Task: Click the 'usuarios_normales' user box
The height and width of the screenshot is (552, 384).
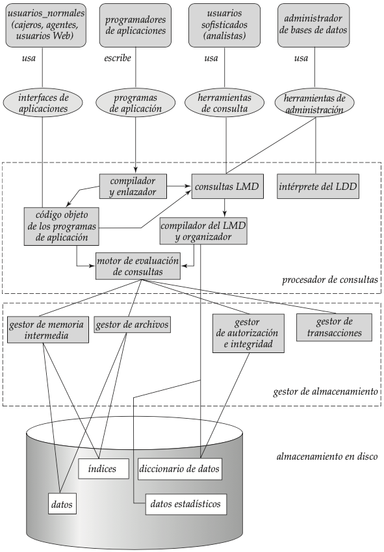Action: coord(45,25)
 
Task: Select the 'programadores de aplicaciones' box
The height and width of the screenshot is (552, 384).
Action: coord(135,25)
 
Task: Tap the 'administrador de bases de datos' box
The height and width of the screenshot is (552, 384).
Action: coord(314,25)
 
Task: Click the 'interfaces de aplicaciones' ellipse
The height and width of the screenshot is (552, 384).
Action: coord(43,103)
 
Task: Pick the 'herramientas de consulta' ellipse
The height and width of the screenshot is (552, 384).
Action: coord(225,103)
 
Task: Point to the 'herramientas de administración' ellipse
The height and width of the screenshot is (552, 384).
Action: coord(314,103)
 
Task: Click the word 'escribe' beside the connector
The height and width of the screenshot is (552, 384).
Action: coord(118,58)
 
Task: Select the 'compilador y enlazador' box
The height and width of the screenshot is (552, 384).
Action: coord(133,186)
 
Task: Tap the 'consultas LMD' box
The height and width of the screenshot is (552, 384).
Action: coord(227,186)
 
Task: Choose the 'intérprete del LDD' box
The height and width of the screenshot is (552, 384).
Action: coord(318,186)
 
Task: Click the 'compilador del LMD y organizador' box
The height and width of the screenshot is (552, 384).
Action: coord(203,231)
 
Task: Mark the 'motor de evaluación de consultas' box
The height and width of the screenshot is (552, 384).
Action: coord(138,266)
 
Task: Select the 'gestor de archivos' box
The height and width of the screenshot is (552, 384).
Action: coord(132,324)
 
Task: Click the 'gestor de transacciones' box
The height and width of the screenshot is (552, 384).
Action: coord(334,328)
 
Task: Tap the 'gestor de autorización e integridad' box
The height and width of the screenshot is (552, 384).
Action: coord(248,333)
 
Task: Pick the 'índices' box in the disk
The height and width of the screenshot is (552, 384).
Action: coord(103,469)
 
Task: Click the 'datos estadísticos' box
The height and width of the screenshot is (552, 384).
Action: coord(186,504)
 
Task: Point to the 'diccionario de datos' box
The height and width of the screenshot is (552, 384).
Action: coord(180,469)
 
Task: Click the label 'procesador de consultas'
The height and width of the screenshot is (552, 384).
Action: coord(330,280)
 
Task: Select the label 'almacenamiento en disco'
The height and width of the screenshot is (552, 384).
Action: coord(327,456)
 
